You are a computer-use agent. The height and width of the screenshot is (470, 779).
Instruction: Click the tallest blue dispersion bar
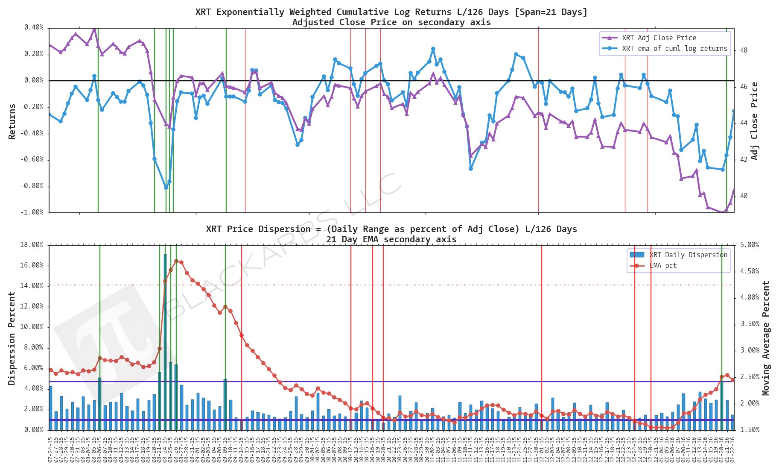point(165,342)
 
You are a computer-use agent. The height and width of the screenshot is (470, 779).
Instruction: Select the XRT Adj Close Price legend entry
point(659,38)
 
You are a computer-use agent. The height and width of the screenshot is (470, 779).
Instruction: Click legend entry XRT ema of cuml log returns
point(674,49)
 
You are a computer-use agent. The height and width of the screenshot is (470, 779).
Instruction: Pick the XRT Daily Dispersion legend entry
point(688,255)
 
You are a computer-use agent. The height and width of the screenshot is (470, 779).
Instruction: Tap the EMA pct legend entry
point(663,266)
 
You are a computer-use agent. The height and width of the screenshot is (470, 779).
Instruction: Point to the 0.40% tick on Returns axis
point(34,28)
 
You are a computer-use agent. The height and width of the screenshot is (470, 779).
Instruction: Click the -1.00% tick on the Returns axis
point(32,212)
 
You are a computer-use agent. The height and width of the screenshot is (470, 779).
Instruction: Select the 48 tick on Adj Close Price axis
point(744,50)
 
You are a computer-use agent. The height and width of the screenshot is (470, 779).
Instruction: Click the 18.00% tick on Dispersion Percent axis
point(32,245)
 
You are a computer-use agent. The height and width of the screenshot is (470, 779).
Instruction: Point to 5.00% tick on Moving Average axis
point(750,245)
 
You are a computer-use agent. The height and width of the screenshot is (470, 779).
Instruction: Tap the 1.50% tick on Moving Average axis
point(750,430)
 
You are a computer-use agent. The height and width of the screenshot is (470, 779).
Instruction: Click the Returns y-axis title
point(12,121)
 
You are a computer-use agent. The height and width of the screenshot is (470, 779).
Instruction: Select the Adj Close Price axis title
point(755,121)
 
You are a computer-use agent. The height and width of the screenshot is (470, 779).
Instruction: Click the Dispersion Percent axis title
point(12,338)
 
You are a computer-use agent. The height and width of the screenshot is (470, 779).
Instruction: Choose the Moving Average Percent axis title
point(766,338)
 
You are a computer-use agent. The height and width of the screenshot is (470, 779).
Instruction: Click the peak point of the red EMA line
point(176,261)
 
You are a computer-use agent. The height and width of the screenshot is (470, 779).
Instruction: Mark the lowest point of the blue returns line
point(166,187)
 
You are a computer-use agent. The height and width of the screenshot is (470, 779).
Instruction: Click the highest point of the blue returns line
point(433,49)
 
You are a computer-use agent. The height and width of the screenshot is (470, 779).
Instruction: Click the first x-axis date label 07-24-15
point(50,449)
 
